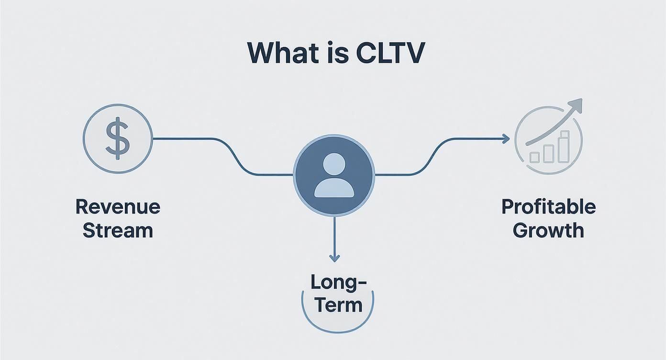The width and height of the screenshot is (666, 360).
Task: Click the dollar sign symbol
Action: click(x=118, y=138)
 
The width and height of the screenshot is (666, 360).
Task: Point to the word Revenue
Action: click(x=118, y=207)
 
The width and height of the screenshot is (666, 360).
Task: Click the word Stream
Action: click(x=118, y=230)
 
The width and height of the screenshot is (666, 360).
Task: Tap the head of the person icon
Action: click(x=334, y=164)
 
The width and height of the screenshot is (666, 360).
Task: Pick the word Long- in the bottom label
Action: click(x=338, y=282)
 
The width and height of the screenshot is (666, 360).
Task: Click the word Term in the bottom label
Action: click(x=338, y=305)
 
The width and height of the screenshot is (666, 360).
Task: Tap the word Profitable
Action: click(x=548, y=207)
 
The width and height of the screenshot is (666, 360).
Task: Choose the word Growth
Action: click(x=548, y=230)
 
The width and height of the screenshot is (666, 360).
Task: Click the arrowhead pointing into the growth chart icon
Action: click(x=506, y=139)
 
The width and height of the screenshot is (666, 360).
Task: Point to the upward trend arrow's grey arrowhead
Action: click(x=576, y=105)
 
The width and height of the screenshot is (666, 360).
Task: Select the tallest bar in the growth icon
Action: click(x=565, y=146)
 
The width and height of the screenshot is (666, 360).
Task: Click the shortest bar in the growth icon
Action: click(x=534, y=157)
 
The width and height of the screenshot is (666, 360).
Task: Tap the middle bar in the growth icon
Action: click(x=549, y=153)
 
